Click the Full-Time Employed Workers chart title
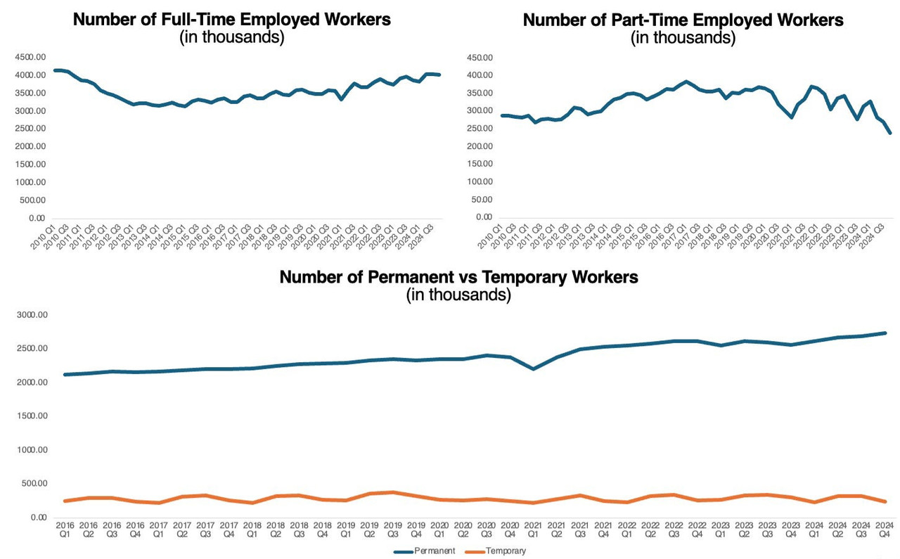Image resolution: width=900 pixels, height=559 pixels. pyautogui.click(x=232, y=20)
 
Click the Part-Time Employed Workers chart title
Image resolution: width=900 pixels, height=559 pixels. pyautogui.click(x=683, y=20)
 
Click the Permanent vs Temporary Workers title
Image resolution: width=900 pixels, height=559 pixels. pyautogui.click(x=458, y=277)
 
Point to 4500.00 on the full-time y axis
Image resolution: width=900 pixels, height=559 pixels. pyautogui.click(x=30, y=57)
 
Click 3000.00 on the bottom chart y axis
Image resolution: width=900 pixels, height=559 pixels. pyautogui.click(x=31, y=315)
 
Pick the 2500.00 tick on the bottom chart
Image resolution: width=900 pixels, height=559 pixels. pyautogui.click(x=31, y=349)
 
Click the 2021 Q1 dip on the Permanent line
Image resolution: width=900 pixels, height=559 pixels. pyautogui.click(x=532, y=368)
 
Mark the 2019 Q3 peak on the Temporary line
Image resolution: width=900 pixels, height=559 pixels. pyautogui.click(x=392, y=492)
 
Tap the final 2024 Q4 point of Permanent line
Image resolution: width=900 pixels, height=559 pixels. pyautogui.click(x=884, y=333)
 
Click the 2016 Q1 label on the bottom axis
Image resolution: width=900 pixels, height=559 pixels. pyautogui.click(x=65, y=530)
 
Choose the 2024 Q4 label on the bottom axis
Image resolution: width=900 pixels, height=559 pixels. pyautogui.click(x=884, y=530)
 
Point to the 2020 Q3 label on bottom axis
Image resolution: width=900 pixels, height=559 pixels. pyautogui.click(x=486, y=530)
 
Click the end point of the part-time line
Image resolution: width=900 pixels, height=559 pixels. pyautogui.click(x=890, y=133)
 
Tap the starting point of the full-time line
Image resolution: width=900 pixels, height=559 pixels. pyautogui.click(x=56, y=70)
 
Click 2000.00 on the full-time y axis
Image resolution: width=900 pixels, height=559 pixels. pyautogui.click(x=30, y=146)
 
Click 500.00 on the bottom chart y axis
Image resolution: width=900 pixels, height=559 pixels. pyautogui.click(x=34, y=484)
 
